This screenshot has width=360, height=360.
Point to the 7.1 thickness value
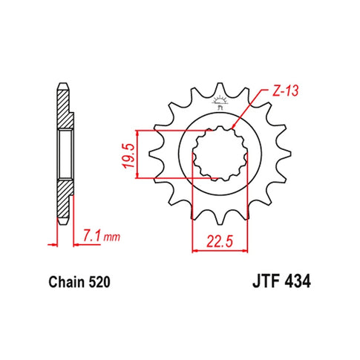[x=91, y=235]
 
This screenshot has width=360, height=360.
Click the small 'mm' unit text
[x=111, y=237]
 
